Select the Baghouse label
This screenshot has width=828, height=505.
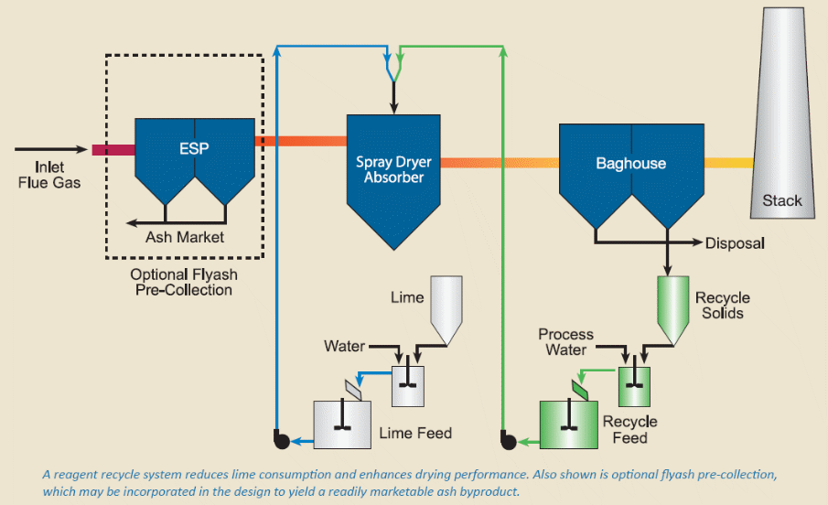click(630, 164)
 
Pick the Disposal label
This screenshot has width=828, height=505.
click(735, 243)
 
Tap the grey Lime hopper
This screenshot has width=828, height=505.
click(446, 310)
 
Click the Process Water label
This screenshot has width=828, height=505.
click(565, 341)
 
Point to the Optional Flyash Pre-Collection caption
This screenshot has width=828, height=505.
click(181, 283)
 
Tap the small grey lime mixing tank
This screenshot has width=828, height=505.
click(408, 385)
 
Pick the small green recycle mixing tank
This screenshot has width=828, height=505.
click(633, 384)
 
